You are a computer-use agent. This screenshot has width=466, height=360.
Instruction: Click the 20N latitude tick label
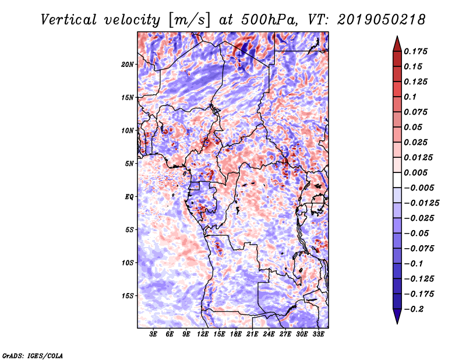coord(128,64)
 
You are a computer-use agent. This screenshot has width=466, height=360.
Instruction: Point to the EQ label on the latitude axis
coord(129,197)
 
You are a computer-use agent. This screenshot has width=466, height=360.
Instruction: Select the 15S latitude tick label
coord(128,296)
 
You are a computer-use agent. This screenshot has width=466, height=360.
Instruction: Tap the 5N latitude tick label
coord(129,164)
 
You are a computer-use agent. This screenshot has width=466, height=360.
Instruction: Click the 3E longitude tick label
coord(153,334)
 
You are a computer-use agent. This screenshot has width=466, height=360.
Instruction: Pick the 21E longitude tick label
coord(252,334)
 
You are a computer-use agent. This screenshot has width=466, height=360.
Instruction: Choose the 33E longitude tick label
coord(318,334)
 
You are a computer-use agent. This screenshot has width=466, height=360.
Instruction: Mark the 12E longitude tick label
coord(203,334)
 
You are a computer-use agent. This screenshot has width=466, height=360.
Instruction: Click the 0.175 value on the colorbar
coord(417,51)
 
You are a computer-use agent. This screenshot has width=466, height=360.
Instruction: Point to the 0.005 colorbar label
coord(417,172)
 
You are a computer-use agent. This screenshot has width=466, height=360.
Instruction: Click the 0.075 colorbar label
coord(417,112)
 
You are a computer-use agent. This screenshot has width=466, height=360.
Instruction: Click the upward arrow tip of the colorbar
coord(396,38)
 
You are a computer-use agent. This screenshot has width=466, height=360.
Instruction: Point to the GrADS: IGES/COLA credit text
coord(33,355)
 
